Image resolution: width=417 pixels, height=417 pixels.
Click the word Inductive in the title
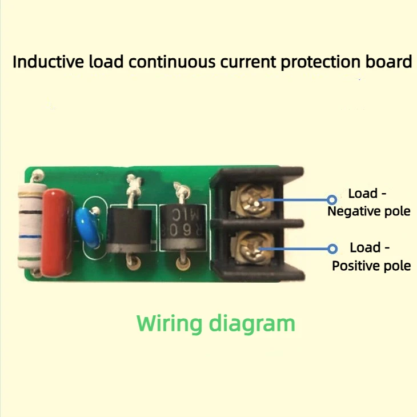click(47, 62)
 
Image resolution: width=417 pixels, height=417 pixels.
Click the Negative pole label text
click(369, 211)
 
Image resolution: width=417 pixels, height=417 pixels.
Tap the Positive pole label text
click(371, 266)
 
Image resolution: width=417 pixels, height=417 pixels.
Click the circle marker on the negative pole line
click(332, 199)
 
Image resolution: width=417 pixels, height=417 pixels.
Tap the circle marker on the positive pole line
click(332, 248)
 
